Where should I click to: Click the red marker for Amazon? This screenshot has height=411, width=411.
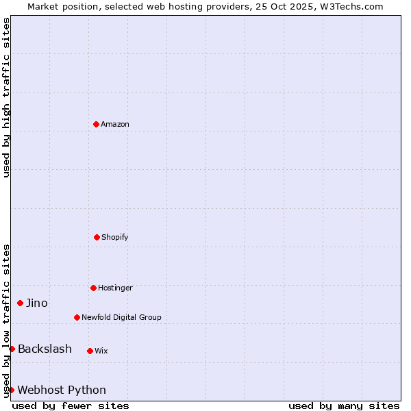96,124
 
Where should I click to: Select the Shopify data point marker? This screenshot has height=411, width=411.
97,237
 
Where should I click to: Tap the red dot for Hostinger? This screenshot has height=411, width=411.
93,288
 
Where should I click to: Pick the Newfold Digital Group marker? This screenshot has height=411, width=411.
77,317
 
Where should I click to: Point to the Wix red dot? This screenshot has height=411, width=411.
90,351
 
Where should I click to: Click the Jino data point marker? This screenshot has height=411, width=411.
20,303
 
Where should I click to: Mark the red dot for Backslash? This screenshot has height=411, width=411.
12,349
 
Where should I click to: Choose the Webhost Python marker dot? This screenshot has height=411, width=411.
11,390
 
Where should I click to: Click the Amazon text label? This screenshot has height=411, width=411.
115,125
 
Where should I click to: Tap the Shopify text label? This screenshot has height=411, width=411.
115,238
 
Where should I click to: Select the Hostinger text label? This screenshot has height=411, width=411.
115,288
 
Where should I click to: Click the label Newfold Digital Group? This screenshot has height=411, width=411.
121,318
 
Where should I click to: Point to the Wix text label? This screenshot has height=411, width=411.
101,351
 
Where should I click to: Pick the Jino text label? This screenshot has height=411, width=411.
37,303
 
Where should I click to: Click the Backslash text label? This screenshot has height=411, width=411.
45,349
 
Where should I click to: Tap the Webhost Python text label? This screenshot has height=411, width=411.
62,390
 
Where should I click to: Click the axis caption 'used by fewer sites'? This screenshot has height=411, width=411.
71,406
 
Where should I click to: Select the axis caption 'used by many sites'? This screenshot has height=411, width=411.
344,406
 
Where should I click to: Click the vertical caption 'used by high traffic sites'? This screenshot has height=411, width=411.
6,97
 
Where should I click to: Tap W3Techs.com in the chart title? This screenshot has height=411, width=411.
349,6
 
